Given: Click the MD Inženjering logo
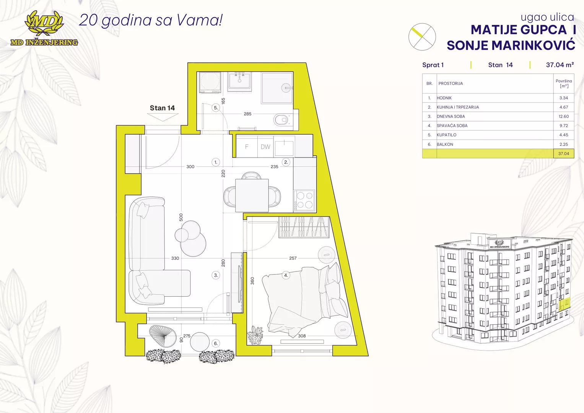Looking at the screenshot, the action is (x=44, y=28).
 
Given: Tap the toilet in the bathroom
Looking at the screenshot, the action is (x=281, y=120).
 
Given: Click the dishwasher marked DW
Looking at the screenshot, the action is (x=265, y=147).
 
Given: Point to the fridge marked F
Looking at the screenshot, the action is (x=247, y=147).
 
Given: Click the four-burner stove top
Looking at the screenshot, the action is (x=304, y=200).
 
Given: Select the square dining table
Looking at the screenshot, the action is (x=252, y=195).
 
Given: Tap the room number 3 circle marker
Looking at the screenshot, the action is (x=216, y=275).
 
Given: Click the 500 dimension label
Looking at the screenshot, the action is (x=181, y=217).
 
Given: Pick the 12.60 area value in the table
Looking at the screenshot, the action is (x=563, y=116).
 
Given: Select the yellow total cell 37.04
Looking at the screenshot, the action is (x=563, y=154).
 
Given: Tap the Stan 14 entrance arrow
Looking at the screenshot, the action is (x=163, y=117).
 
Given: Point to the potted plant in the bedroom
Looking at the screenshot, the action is (x=255, y=335).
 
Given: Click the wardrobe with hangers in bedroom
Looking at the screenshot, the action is (x=304, y=228).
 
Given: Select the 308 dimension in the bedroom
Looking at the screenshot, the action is (x=302, y=336).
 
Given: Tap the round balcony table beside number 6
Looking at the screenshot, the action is (x=200, y=342).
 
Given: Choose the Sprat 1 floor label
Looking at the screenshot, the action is (x=433, y=65).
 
